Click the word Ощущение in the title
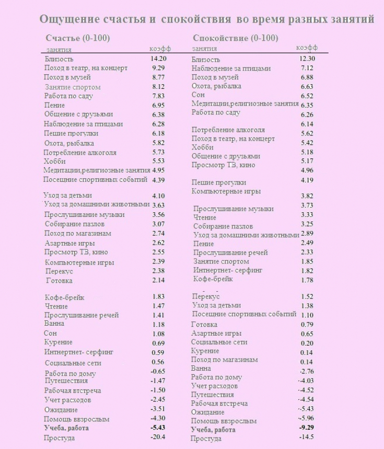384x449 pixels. click(x=69, y=19)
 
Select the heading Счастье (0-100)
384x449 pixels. click(x=77, y=38)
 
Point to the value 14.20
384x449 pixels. click(x=158, y=59)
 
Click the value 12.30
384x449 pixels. click(x=307, y=59)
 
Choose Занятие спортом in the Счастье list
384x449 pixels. click(x=72, y=87)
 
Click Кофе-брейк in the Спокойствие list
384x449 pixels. click(x=213, y=279)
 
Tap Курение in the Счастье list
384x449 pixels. click(x=59, y=342)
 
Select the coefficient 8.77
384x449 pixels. click(x=158, y=77)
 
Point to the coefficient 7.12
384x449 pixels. click(x=307, y=68)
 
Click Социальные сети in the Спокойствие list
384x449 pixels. click(x=219, y=342)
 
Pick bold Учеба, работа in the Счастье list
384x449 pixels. click(x=66, y=428)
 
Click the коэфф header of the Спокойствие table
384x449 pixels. click(x=307, y=48)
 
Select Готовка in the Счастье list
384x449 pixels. click(x=59, y=281)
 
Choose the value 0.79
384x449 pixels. click(x=307, y=325)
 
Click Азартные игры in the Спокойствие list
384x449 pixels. click(x=216, y=333)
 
